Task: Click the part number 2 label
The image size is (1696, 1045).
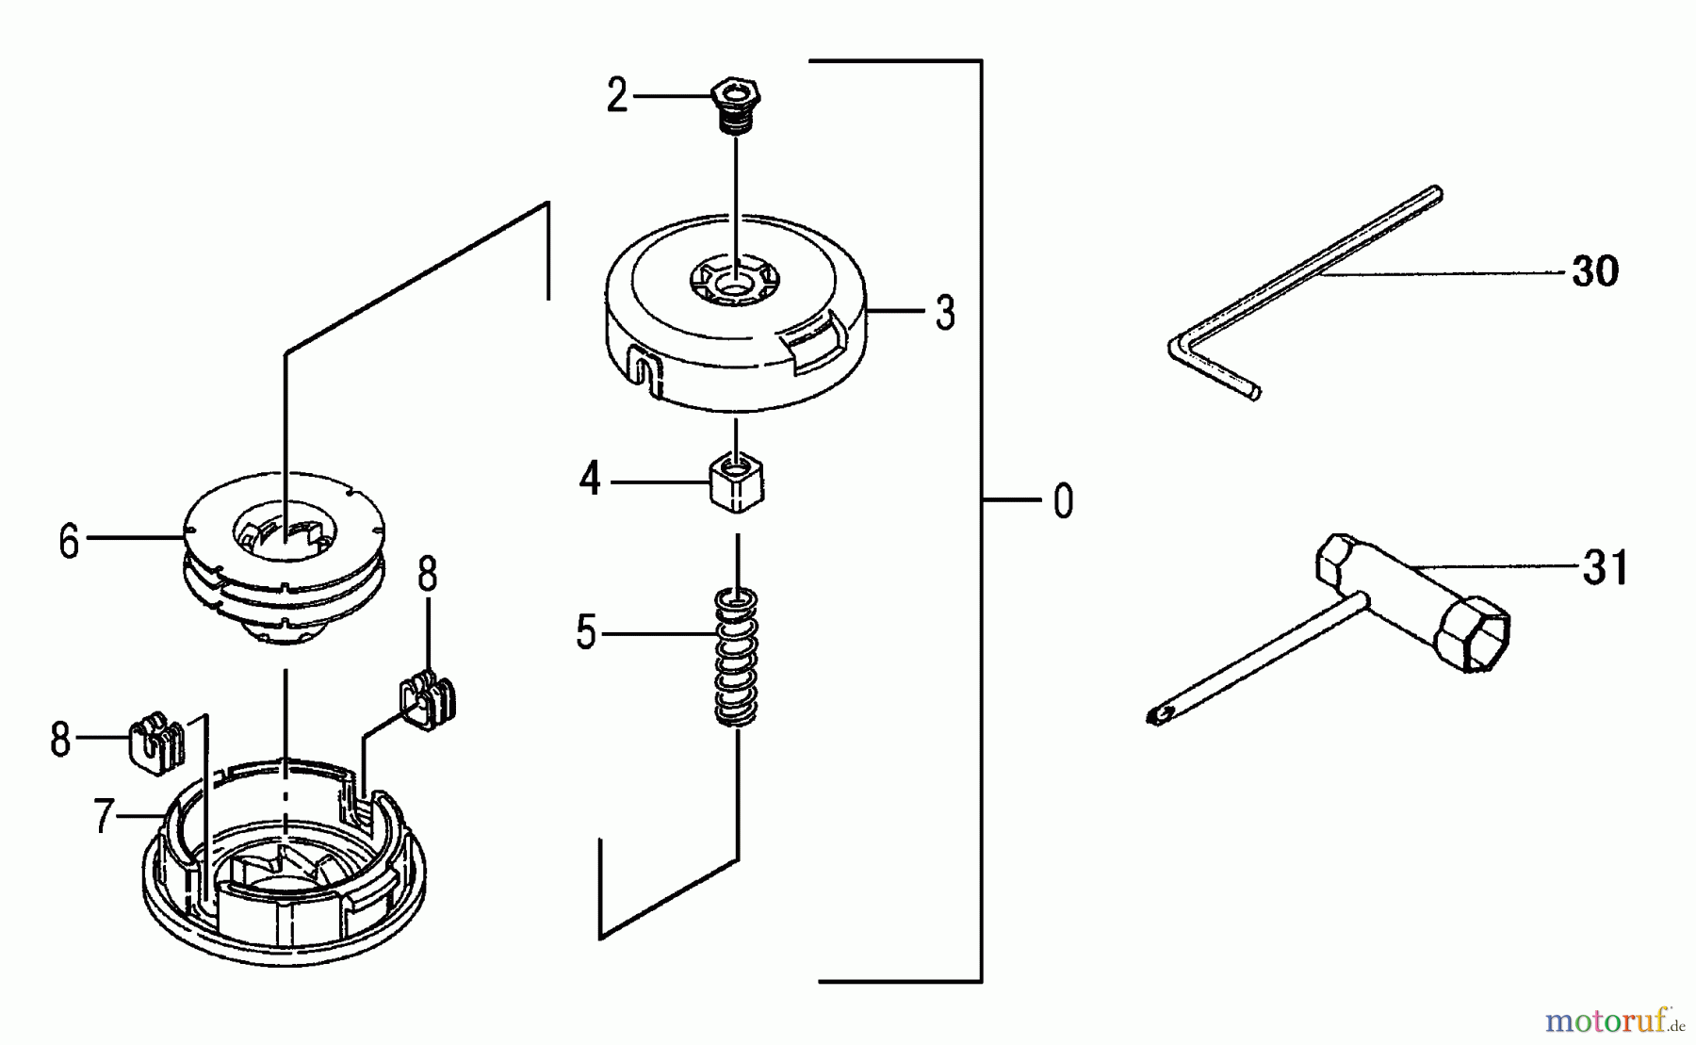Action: tap(617, 96)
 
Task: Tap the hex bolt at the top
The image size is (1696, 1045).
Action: tap(736, 106)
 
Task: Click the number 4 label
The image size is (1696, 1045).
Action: tap(590, 481)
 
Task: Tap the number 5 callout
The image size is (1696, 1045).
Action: tap(586, 633)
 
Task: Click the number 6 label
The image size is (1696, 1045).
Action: tap(69, 543)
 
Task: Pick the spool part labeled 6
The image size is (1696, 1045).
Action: tap(283, 565)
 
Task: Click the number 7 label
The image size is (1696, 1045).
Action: tap(105, 816)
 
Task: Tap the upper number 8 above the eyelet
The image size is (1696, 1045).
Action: tap(428, 574)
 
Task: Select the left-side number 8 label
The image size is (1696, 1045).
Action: tap(60, 741)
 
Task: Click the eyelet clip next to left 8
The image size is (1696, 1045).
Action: tap(156, 743)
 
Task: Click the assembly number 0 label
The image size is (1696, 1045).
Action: tap(1063, 501)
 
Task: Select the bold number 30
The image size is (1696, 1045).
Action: tap(1595, 272)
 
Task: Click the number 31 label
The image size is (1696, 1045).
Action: tap(1606, 568)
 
